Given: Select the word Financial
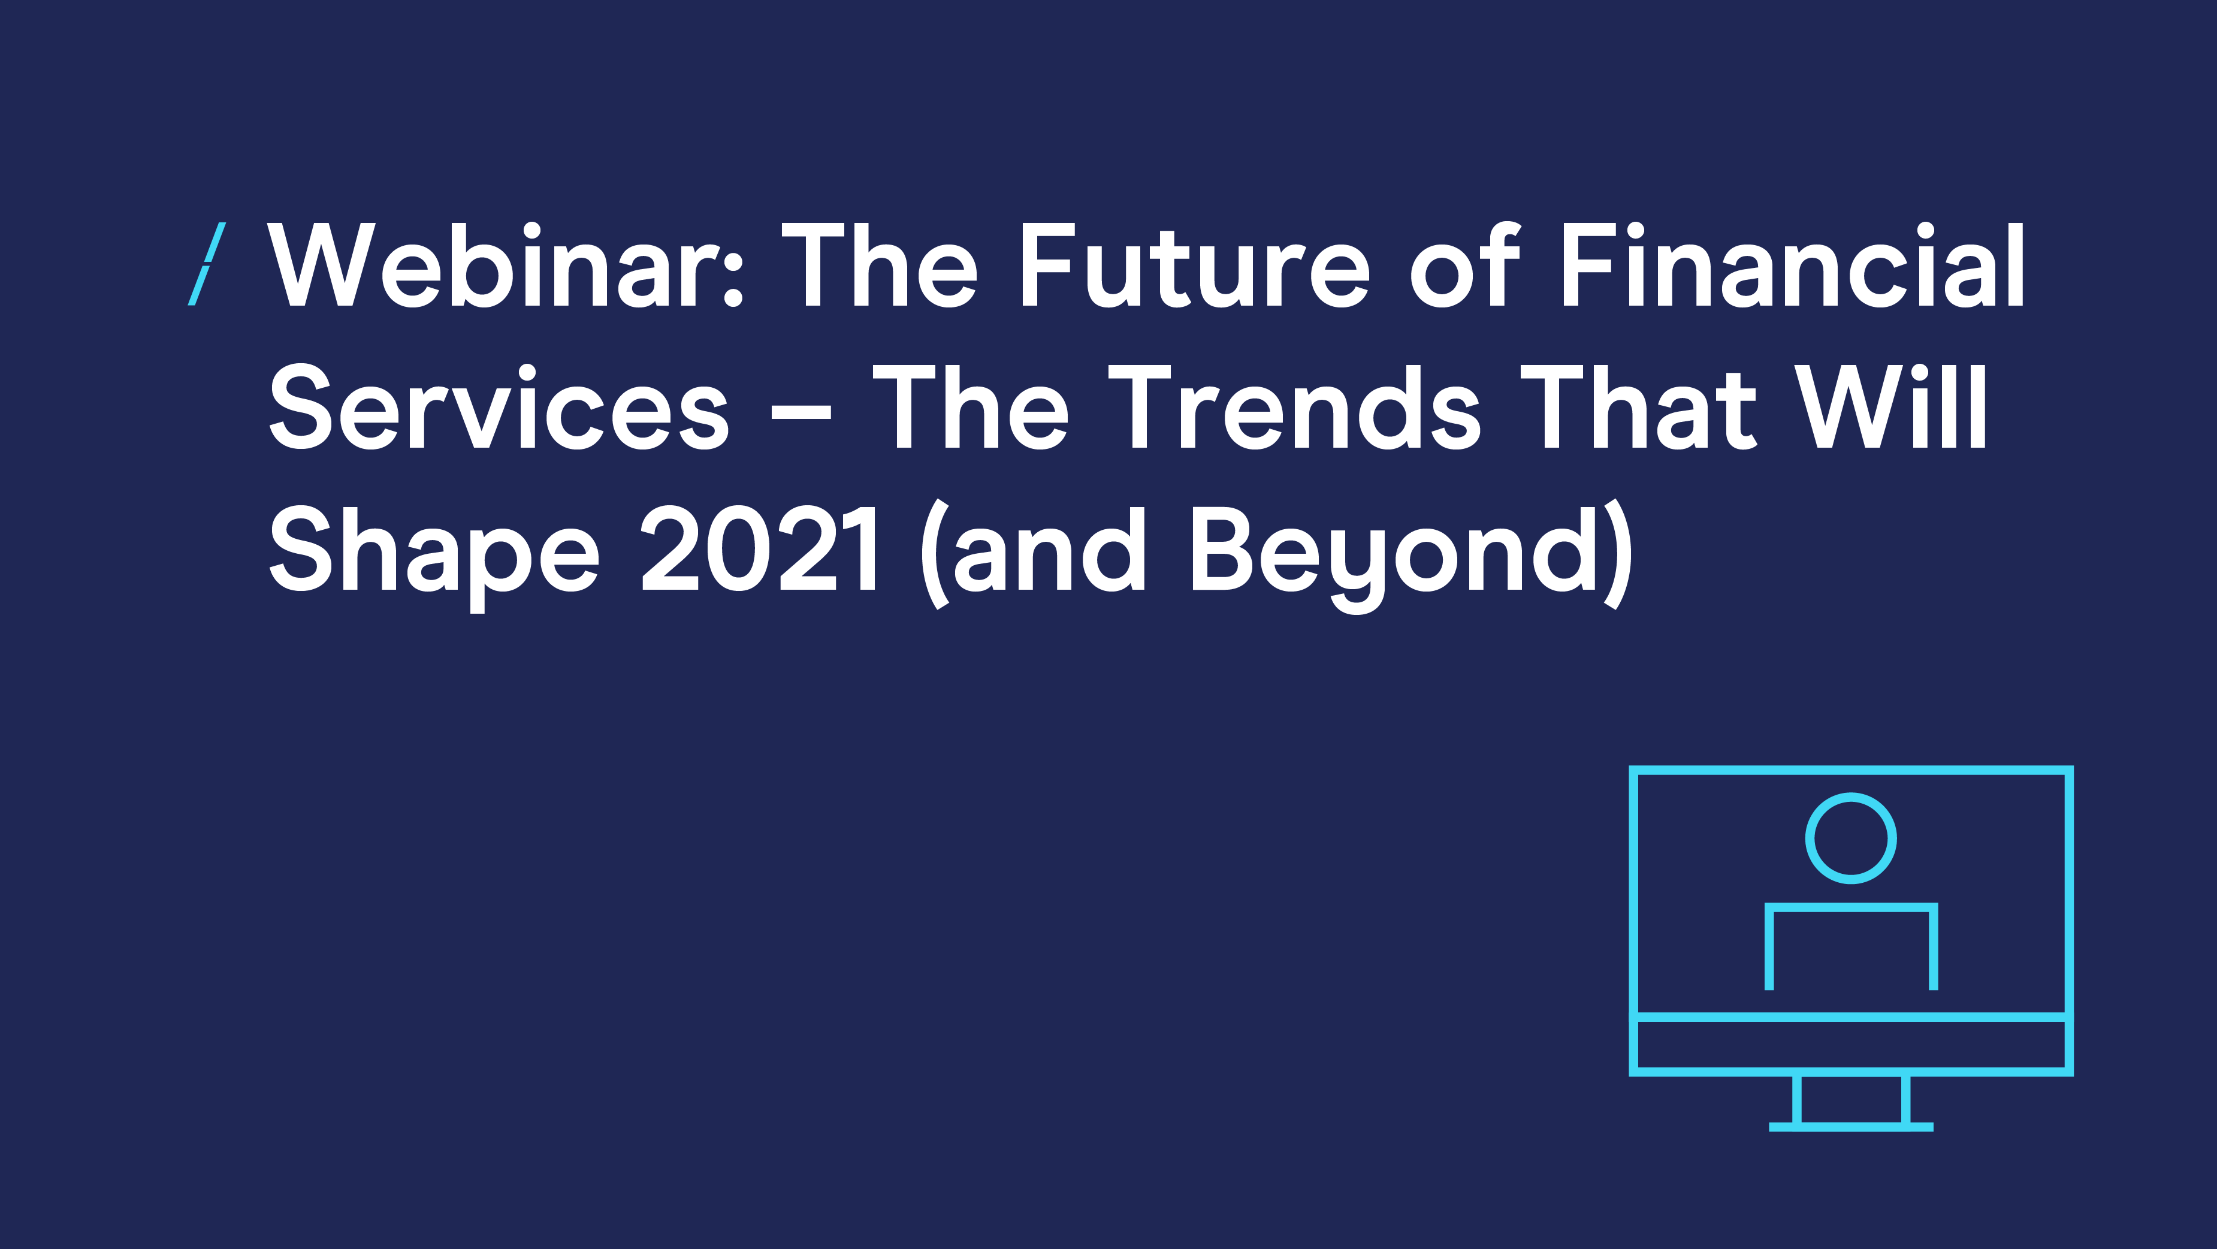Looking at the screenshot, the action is click(1793, 265).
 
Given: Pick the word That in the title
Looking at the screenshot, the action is click(1639, 407).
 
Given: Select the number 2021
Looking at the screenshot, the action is click(759, 549).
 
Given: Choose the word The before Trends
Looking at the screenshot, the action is click(971, 407).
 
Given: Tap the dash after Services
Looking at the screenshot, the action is click(801, 412).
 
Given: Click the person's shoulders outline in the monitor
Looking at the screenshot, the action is click(1850, 906).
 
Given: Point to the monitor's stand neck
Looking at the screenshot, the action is click(1850, 1099).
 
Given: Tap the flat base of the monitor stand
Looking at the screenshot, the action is click(1850, 1127).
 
